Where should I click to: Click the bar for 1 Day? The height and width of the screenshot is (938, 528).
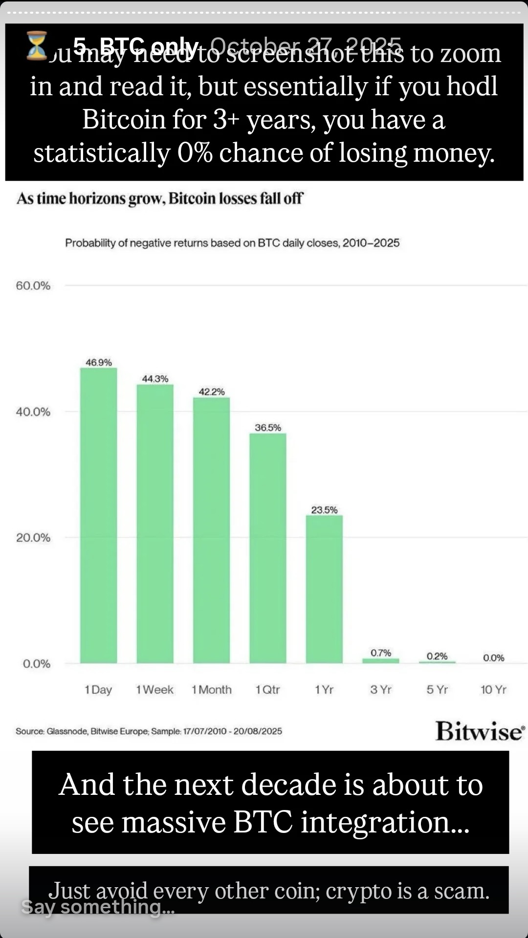coord(99,515)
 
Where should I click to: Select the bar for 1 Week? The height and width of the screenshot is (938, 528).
coord(155,524)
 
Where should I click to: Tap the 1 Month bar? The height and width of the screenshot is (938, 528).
coord(211,530)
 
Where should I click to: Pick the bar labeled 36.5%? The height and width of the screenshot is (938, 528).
coord(268,548)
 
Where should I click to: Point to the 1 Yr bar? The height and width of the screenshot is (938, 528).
coord(324,589)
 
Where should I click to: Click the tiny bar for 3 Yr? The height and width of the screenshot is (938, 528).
coord(380,661)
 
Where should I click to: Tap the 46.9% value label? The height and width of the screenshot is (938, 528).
coord(99,362)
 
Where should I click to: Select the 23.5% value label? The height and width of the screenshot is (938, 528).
coord(324,510)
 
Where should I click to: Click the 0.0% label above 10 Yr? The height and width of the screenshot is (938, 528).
coord(493,658)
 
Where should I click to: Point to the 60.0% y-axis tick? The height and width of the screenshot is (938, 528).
coord(33,286)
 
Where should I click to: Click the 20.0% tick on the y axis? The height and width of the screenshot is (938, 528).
coord(33,538)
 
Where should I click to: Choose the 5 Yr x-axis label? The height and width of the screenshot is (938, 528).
coord(437,690)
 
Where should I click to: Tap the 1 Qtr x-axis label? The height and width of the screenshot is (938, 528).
coord(268,690)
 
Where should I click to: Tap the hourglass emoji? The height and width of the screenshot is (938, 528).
coord(37,45)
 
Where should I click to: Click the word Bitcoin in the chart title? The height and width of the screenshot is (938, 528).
coord(192,198)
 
